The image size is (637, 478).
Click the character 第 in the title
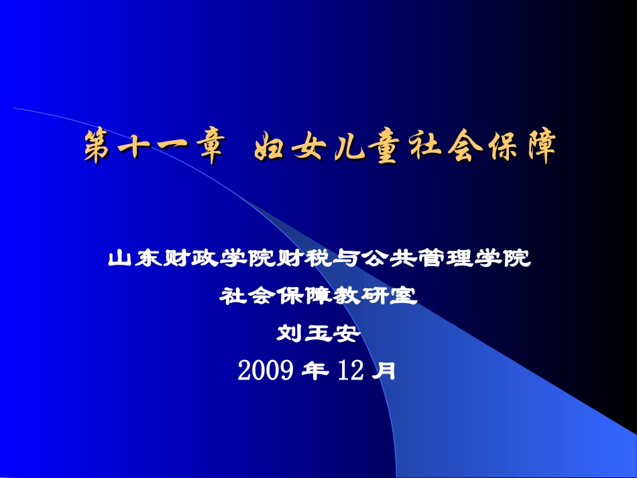click(x=98, y=147)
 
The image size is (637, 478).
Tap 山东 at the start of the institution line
click(x=130, y=257)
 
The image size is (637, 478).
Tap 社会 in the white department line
click(x=245, y=295)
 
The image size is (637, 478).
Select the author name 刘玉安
click(x=318, y=332)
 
